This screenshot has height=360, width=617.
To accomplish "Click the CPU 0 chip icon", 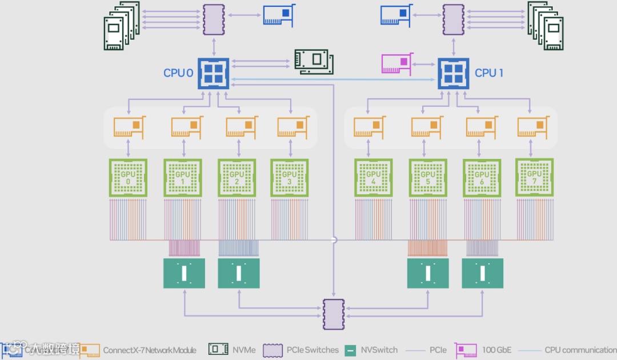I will click(x=214, y=73).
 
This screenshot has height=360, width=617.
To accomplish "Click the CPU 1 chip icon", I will click(x=454, y=73).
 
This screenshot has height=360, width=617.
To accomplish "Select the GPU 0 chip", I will click(x=128, y=178).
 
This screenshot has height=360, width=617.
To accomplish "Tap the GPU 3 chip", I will click(x=289, y=178).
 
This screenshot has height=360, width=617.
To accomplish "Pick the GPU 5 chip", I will click(x=427, y=178).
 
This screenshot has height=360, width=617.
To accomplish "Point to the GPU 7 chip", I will click(x=534, y=177).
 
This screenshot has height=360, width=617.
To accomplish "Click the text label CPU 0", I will click(x=178, y=73).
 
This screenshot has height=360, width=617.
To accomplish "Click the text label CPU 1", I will click(x=489, y=73).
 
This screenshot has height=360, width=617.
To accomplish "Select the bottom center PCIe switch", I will click(x=334, y=315).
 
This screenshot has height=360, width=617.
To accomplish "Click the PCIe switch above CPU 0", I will click(x=214, y=21).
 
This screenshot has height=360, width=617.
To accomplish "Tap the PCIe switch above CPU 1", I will click(x=453, y=21).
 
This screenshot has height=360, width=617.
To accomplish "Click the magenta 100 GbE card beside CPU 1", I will click(x=396, y=63).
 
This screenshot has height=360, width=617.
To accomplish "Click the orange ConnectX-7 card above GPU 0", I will click(x=129, y=127).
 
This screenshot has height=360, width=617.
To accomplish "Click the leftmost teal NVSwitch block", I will click(x=184, y=273).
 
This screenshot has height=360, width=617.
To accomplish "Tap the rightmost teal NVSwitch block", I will click(x=482, y=273).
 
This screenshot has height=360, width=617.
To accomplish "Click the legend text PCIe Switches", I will click(x=312, y=350).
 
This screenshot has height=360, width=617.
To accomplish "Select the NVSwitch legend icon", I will click(x=351, y=350).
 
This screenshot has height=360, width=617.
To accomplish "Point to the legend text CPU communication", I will click(x=580, y=350).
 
